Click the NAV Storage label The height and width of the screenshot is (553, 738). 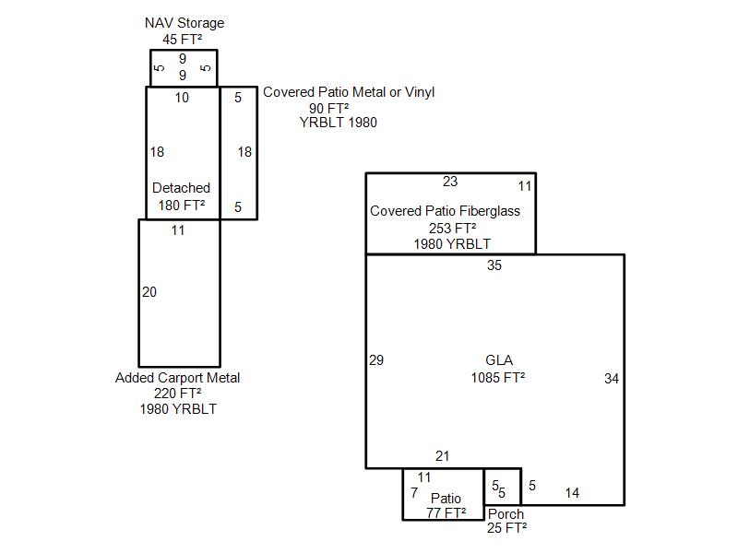(x=184, y=23)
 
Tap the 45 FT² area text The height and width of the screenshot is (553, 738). (x=183, y=39)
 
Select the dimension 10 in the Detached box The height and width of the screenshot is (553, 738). (x=182, y=98)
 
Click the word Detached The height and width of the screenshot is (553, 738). (x=181, y=188)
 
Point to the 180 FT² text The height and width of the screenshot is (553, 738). (x=181, y=205)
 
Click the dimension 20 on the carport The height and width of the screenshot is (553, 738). (x=149, y=292)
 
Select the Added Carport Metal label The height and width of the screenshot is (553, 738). (x=177, y=378)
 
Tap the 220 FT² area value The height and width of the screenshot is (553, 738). (x=178, y=394)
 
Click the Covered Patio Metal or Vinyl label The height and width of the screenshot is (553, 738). (x=349, y=92)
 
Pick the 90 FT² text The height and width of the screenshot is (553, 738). (x=328, y=108)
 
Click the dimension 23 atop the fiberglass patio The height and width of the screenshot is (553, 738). (x=450, y=182)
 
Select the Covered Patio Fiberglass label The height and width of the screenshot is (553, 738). (x=445, y=211)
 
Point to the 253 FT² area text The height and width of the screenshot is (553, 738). (x=452, y=228)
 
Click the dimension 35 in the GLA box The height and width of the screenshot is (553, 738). (x=494, y=266)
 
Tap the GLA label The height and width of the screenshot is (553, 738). (x=498, y=360)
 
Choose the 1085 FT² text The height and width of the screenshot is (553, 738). (x=498, y=377)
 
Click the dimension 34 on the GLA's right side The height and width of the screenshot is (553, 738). (x=612, y=378)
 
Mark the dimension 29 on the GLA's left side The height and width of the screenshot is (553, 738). (x=376, y=360)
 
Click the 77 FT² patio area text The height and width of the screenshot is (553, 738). (x=446, y=513)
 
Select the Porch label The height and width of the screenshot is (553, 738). (x=506, y=514)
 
